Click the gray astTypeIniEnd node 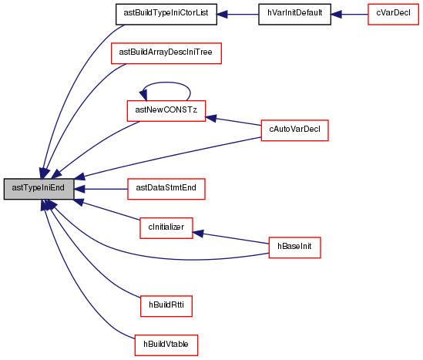click(x=39, y=189)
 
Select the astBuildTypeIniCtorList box click(x=166, y=15)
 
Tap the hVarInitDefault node click(x=294, y=15)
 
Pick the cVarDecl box click(x=393, y=15)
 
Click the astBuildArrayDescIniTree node click(x=166, y=53)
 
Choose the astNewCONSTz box click(x=166, y=111)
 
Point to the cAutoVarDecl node click(x=294, y=130)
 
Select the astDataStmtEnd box click(x=166, y=189)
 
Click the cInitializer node click(x=166, y=228)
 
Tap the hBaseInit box click(x=294, y=247)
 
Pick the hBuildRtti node click(x=166, y=306)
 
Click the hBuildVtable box click(x=166, y=345)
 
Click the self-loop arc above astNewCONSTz click(x=166, y=82)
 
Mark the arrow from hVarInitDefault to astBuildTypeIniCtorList click(x=237, y=15)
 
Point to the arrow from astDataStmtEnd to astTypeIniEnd click(x=101, y=189)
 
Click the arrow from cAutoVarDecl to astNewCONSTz click(x=233, y=121)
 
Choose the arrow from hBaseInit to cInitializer click(x=230, y=237)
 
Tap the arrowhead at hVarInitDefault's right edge click(x=337, y=15)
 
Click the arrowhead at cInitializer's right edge click(x=198, y=233)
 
